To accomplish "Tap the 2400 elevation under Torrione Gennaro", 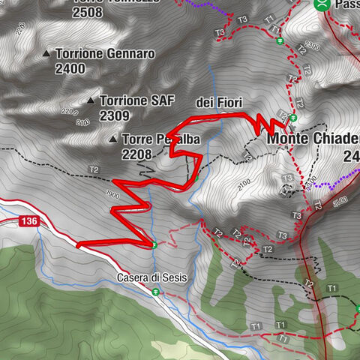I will (70, 69).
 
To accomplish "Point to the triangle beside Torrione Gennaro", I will (46, 54).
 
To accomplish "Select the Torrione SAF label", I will (133, 100).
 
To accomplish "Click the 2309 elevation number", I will (114, 115).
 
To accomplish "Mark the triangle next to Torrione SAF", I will (91, 100).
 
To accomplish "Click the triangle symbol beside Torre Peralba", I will (112, 139).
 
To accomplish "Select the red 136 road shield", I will (29, 221).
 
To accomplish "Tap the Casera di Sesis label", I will (151, 277).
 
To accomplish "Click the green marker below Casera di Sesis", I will (156, 292).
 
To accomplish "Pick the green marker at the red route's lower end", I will (153, 244).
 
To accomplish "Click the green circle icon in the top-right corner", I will (322, 4).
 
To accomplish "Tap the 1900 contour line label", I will (112, 193).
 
